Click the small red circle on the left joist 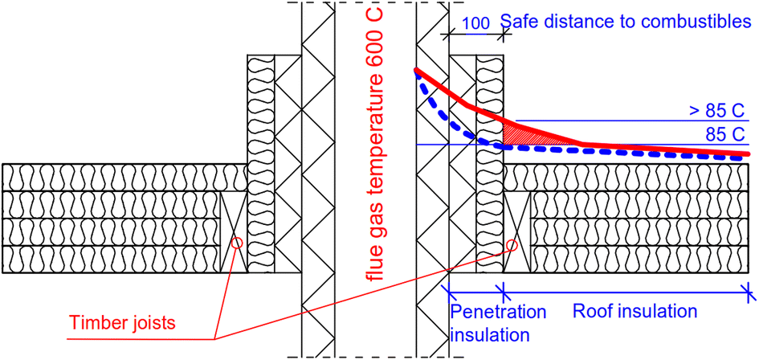[x=236, y=242]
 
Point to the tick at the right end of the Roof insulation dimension [x=750, y=290]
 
